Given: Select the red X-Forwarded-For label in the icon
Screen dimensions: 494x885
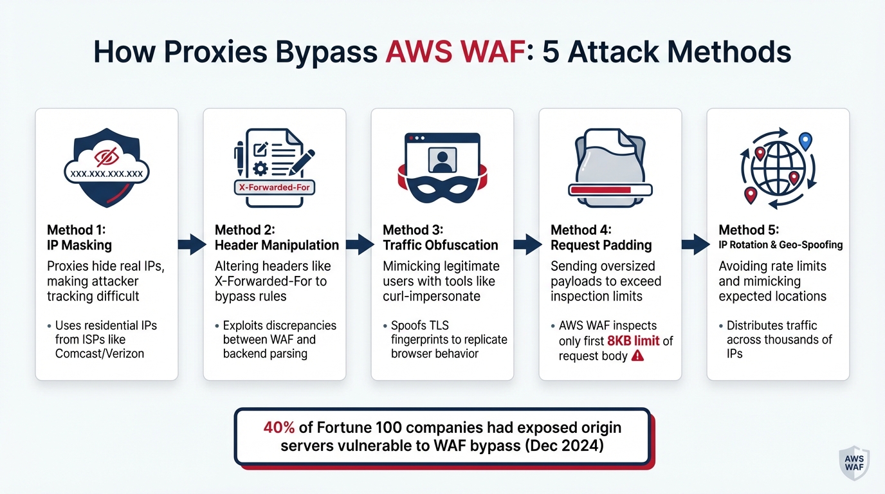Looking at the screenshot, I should coord(274,187).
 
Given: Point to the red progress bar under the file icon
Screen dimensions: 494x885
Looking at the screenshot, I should coord(610,190).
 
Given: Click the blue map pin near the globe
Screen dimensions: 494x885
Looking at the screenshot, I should coord(805,141).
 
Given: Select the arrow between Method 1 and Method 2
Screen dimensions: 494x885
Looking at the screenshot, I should coord(190,244).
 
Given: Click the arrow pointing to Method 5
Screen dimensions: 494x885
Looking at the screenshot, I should coord(694,244).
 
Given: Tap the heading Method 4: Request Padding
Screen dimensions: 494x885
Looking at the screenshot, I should coord(601,237).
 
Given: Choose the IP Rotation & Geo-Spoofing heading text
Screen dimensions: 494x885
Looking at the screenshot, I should coord(780,245).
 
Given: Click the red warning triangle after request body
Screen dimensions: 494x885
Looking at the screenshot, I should coord(637,356).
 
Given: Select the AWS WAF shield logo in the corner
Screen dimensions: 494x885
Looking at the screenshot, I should coord(855,461).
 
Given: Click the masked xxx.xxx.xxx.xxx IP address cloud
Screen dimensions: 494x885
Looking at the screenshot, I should coord(106,173).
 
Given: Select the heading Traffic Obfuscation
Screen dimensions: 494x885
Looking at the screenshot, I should coord(441,245).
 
